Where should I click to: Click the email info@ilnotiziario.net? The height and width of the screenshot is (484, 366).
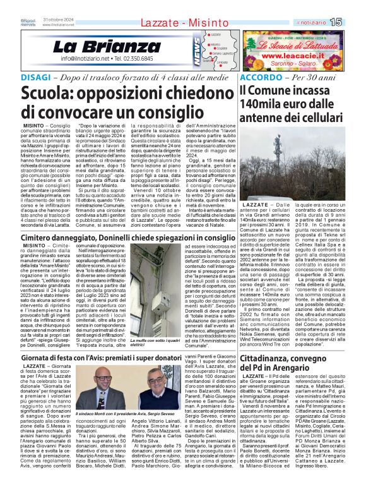[86, 59]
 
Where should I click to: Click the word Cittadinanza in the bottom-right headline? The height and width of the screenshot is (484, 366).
[271, 358]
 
